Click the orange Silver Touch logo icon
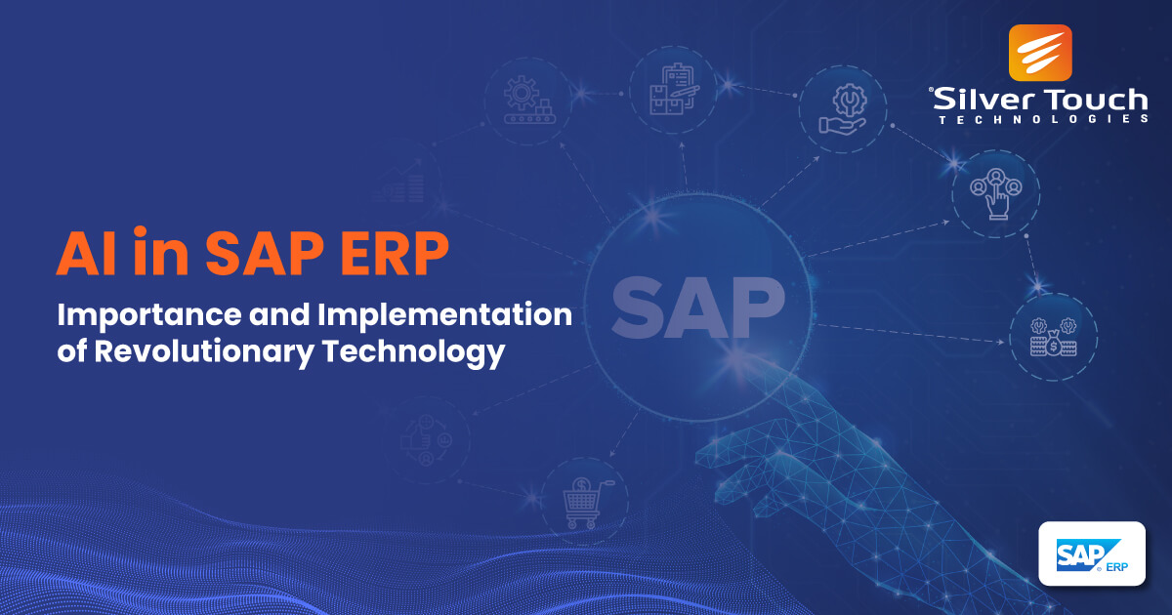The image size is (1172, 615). click(1040, 52)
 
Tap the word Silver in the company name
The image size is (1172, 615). click(977, 100)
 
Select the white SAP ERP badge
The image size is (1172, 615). click(1091, 553)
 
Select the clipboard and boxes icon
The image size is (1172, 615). click(675, 89)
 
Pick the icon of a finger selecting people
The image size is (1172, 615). click(995, 192)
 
